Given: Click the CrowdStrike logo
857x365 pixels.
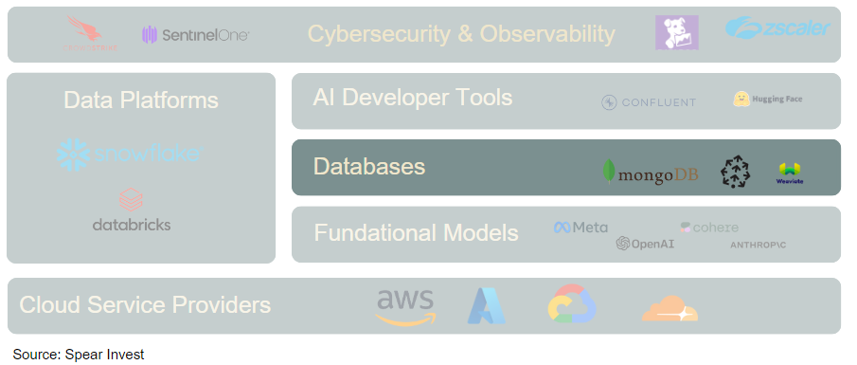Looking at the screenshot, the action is click(x=92, y=34).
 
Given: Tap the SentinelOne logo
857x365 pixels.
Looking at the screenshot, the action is click(x=196, y=35).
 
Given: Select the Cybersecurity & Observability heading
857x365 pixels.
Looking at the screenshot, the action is click(x=461, y=34).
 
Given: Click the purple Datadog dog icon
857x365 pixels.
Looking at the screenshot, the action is click(x=677, y=33).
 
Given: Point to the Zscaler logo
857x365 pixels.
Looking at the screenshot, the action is click(x=777, y=29).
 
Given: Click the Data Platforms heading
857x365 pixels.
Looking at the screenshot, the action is click(x=141, y=100).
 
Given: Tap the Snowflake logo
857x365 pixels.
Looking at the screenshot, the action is click(x=129, y=153).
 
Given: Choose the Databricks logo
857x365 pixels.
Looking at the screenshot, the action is click(x=132, y=211).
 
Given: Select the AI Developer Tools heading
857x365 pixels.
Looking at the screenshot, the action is click(x=413, y=98).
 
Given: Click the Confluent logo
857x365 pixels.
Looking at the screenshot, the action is click(x=649, y=102).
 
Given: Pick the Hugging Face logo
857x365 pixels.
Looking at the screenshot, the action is click(x=767, y=99).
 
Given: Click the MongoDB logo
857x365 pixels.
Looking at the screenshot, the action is click(x=651, y=173).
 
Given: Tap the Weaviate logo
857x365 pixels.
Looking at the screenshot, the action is click(x=789, y=173).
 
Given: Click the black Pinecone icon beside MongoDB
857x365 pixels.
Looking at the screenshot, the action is click(x=735, y=172).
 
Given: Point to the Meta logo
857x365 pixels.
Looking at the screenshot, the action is click(x=580, y=228).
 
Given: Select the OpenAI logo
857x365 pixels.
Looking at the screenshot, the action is click(x=644, y=244).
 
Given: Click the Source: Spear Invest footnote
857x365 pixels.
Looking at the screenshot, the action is click(x=79, y=355).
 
